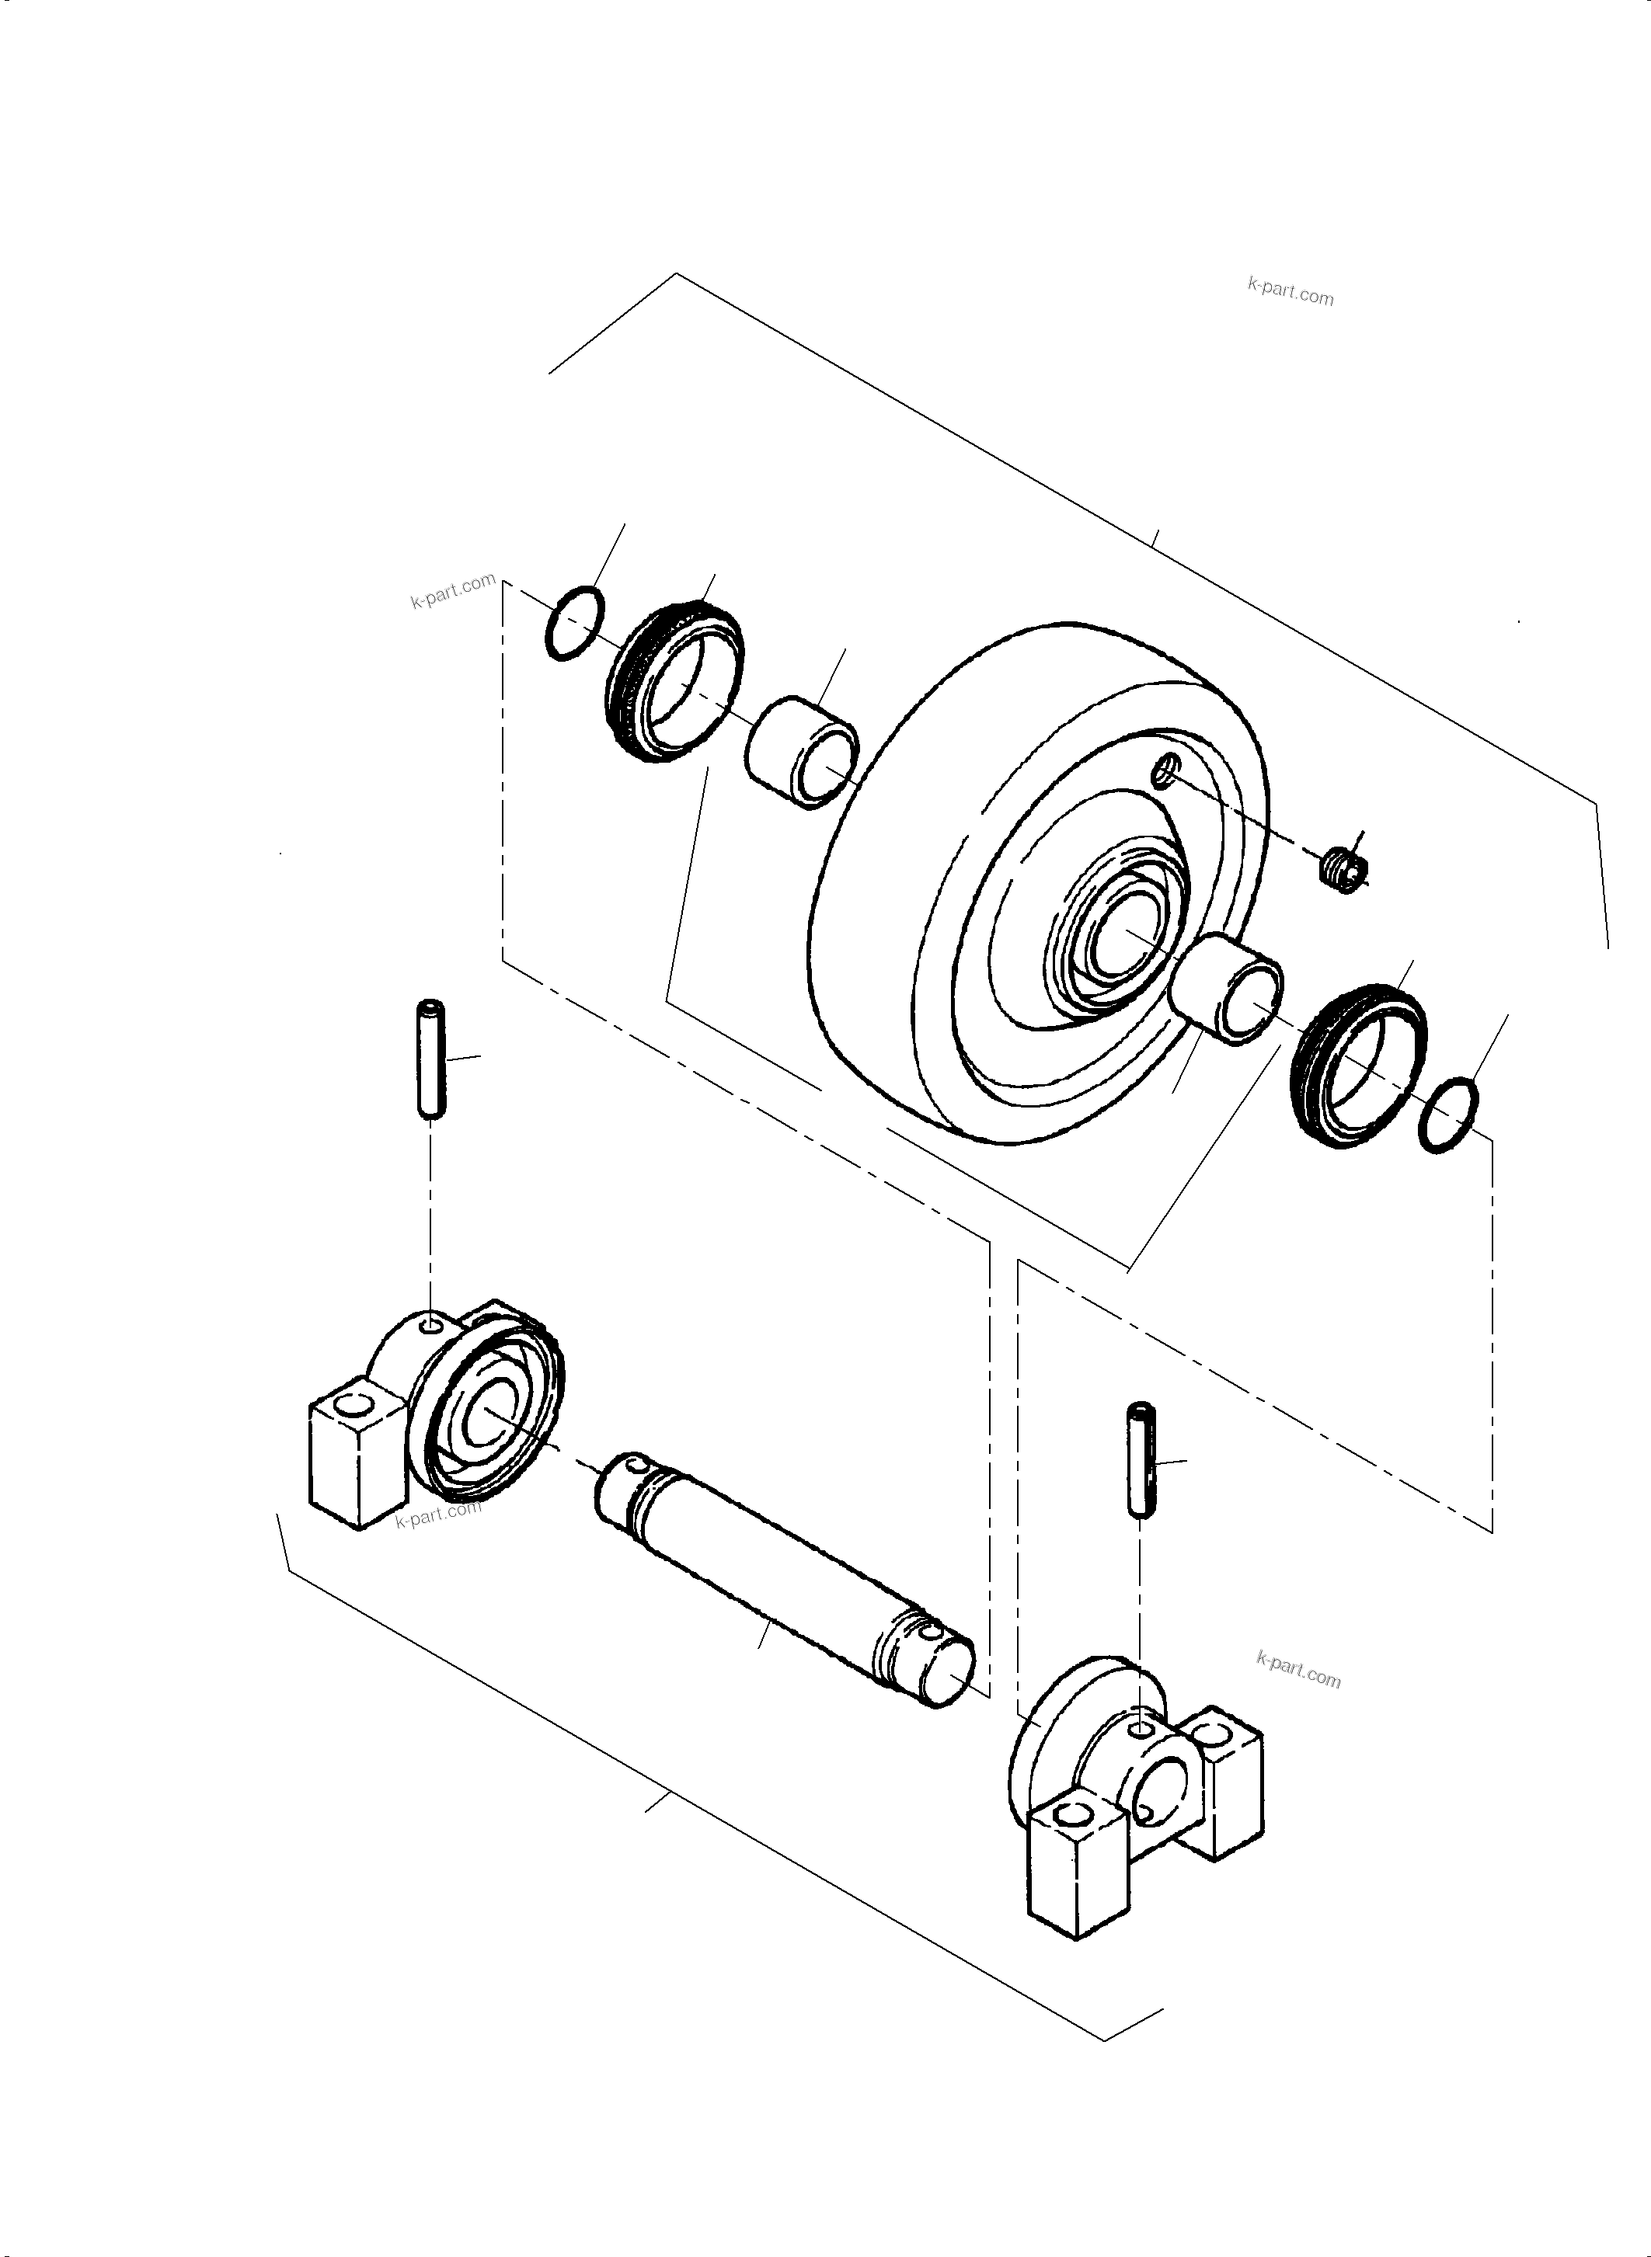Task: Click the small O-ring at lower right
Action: click(x=1448, y=1117)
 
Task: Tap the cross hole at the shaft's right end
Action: click(x=932, y=1633)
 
